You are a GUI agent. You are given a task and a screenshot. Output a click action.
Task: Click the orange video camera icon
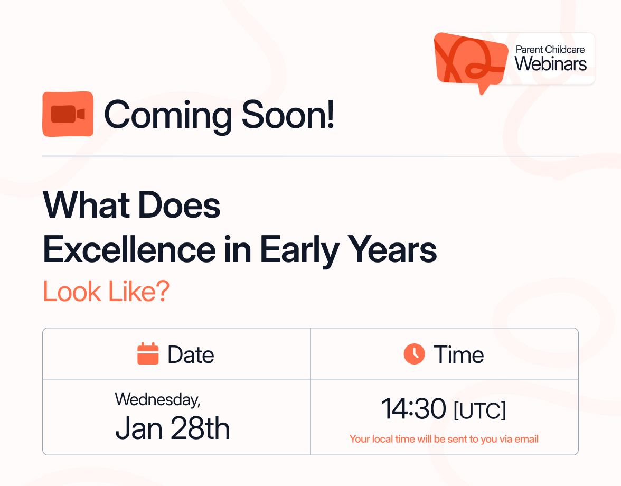click(x=68, y=114)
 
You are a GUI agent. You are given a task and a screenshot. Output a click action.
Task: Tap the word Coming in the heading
click(x=168, y=115)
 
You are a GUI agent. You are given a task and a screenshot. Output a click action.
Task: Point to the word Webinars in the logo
click(x=551, y=64)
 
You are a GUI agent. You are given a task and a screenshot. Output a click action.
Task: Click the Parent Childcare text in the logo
click(x=550, y=50)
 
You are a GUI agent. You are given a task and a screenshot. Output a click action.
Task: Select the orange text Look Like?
click(x=106, y=292)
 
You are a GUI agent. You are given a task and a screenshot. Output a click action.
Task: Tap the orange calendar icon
click(x=148, y=354)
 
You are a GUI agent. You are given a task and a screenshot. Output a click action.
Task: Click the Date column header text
click(x=191, y=355)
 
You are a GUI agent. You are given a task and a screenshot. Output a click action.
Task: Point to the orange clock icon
click(x=414, y=354)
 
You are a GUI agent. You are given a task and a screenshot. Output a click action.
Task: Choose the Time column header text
click(x=458, y=355)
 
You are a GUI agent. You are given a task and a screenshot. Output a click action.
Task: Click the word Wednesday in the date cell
click(x=157, y=399)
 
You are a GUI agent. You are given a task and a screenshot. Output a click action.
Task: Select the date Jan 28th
click(x=173, y=428)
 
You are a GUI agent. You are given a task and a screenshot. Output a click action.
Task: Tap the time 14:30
click(x=413, y=409)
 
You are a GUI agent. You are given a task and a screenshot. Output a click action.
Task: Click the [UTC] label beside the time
click(x=479, y=410)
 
